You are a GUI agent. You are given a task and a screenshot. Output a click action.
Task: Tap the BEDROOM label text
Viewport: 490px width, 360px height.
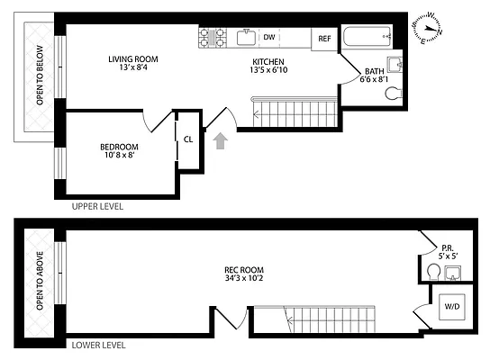119,147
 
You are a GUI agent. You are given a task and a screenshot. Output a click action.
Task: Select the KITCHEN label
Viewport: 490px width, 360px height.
268,61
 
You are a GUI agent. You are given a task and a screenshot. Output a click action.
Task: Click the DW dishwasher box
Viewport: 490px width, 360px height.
268,38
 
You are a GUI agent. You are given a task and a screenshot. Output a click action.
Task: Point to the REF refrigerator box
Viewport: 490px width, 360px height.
323,39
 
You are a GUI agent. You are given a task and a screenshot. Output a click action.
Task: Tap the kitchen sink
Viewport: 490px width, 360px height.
245,37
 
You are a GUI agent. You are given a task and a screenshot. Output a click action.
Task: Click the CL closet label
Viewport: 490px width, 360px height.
188,139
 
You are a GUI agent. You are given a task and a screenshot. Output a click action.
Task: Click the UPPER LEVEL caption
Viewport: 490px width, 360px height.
96,206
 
